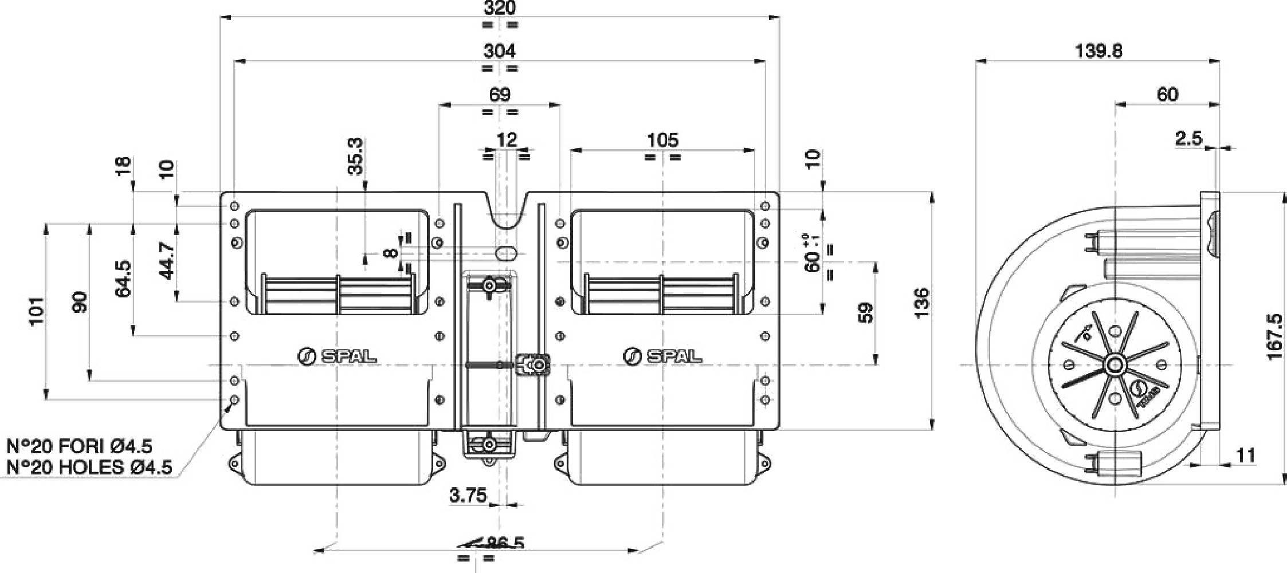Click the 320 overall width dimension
500,8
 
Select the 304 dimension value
500,51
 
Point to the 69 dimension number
500,95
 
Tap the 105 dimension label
662,140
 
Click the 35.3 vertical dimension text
356,156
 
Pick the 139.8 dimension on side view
1098,51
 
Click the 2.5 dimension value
1188,138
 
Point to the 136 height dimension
921,304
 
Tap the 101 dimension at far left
36,311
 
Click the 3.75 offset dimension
468,495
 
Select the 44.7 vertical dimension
167,261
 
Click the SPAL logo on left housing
338,356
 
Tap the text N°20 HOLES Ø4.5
89,467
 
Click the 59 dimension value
866,313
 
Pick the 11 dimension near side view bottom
1246,456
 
